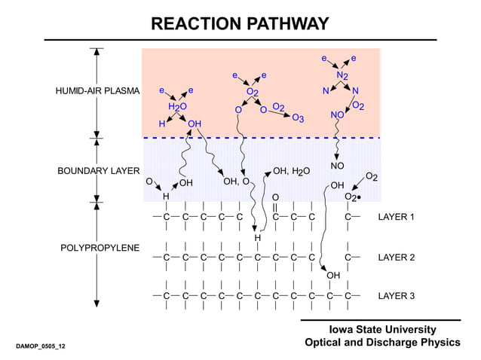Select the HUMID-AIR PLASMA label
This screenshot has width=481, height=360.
(x=98, y=91)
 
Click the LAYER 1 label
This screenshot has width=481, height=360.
(x=396, y=218)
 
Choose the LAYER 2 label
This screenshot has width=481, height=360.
(x=396, y=258)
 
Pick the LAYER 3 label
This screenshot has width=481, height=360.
(x=396, y=296)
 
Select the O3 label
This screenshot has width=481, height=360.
(x=298, y=118)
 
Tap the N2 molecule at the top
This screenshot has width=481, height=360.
(x=342, y=75)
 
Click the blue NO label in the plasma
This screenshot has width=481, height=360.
(x=337, y=114)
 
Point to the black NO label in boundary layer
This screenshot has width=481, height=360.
(x=337, y=165)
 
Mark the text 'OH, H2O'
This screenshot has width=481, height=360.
(x=290, y=172)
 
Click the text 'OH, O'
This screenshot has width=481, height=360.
(x=236, y=182)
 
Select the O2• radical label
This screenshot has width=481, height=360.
(x=351, y=197)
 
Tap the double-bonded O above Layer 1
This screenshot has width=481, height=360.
(x=275, y=197)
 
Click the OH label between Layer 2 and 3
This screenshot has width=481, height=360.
(x=333, y=276)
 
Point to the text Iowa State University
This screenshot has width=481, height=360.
(x=382, y=330)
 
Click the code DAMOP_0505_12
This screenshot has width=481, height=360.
(x=40, y=346)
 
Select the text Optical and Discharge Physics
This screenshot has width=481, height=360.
(x=381, y=343)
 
